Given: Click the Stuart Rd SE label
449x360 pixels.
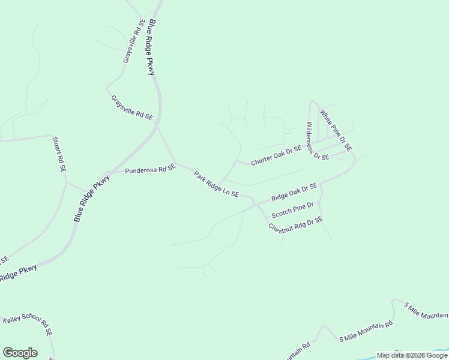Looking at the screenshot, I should tap(59, 154).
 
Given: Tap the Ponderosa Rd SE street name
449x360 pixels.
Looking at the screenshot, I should tap(149, 170).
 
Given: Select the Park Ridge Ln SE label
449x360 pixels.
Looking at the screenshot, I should tap(216, 184).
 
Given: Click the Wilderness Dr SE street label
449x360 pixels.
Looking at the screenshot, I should tap(318, 141).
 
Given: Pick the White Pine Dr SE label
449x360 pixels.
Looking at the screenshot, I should tap(336, 130).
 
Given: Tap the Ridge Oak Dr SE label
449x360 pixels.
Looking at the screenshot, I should tap(294, 193).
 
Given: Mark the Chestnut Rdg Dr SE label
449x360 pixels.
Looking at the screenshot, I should tap(296, 224).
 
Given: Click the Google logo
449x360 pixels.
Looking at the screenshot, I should tap(20, 353).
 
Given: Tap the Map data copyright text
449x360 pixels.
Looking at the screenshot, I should tap(411, 355).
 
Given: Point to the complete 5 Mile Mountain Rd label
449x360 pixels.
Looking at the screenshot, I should tap(366, 331).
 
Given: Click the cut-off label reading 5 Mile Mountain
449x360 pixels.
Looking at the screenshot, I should tap(426, 311).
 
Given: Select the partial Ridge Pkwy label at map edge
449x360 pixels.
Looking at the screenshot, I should tap(18, 272).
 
